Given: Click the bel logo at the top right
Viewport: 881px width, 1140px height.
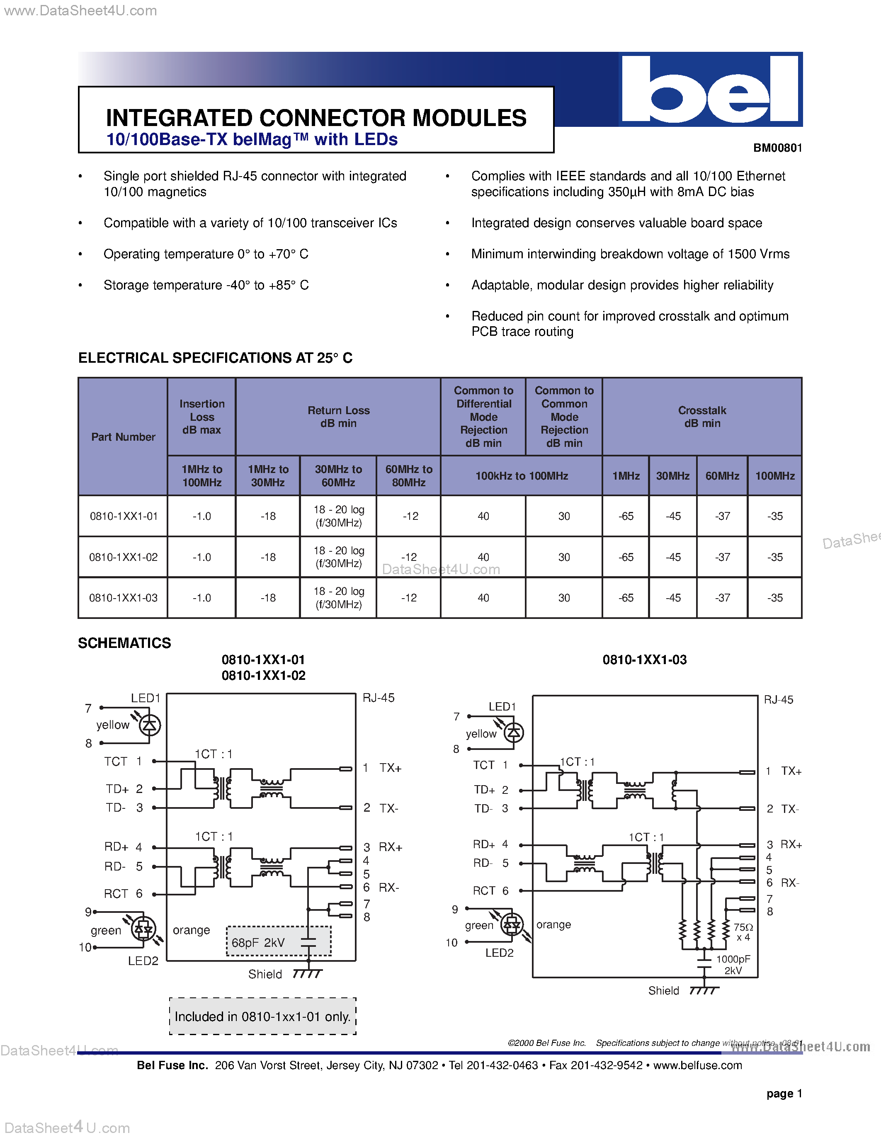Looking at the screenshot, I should tap(710, 89).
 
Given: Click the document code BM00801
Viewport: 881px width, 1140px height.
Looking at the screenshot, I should tap(777, 148).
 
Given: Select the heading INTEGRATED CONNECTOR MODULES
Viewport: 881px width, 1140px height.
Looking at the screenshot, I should tap(316, 118).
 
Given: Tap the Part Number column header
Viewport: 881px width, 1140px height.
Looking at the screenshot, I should tap(123, 437).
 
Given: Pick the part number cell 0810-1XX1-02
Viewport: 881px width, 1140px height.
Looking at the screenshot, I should tap(123, 557).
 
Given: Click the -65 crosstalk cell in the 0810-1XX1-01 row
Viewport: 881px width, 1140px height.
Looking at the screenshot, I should tap(626, 516).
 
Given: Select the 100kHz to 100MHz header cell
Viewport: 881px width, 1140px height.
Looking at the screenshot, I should tap(522, 476).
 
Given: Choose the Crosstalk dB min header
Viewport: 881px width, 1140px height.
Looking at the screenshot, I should tap(702, 417).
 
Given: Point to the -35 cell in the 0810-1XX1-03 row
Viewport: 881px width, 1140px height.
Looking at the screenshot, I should tap(774, 598).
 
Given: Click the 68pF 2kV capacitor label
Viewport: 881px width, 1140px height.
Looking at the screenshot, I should tap(258, 943).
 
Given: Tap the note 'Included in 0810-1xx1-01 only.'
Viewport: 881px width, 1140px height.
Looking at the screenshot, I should tap(262, 1016).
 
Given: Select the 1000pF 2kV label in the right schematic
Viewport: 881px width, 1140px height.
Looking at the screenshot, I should tap(733, 965).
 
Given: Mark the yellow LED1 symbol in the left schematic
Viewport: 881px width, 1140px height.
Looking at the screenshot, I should tap(149, 725).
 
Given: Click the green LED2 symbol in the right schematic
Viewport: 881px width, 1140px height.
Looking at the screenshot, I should tap(512, 925).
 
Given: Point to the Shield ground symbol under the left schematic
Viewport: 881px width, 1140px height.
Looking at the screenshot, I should tap(307, 974).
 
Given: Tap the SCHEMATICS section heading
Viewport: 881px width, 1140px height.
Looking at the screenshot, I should tap(124, 643).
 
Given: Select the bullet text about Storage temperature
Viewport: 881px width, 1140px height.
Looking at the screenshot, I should tap(206, 285).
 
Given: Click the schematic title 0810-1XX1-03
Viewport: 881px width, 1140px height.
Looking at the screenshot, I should tap(645, 660).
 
